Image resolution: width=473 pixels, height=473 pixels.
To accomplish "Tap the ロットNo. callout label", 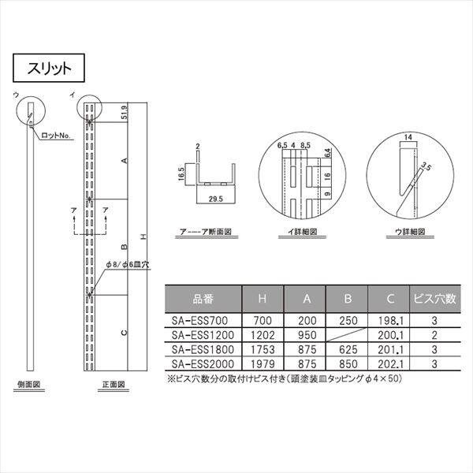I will [x=55, y=136].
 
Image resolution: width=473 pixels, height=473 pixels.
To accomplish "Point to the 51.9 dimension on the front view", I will [x=125, y=115].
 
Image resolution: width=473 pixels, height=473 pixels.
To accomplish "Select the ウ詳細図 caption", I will [x=410, y=233].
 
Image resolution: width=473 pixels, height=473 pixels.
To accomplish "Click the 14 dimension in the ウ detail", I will [x=406, y=137].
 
